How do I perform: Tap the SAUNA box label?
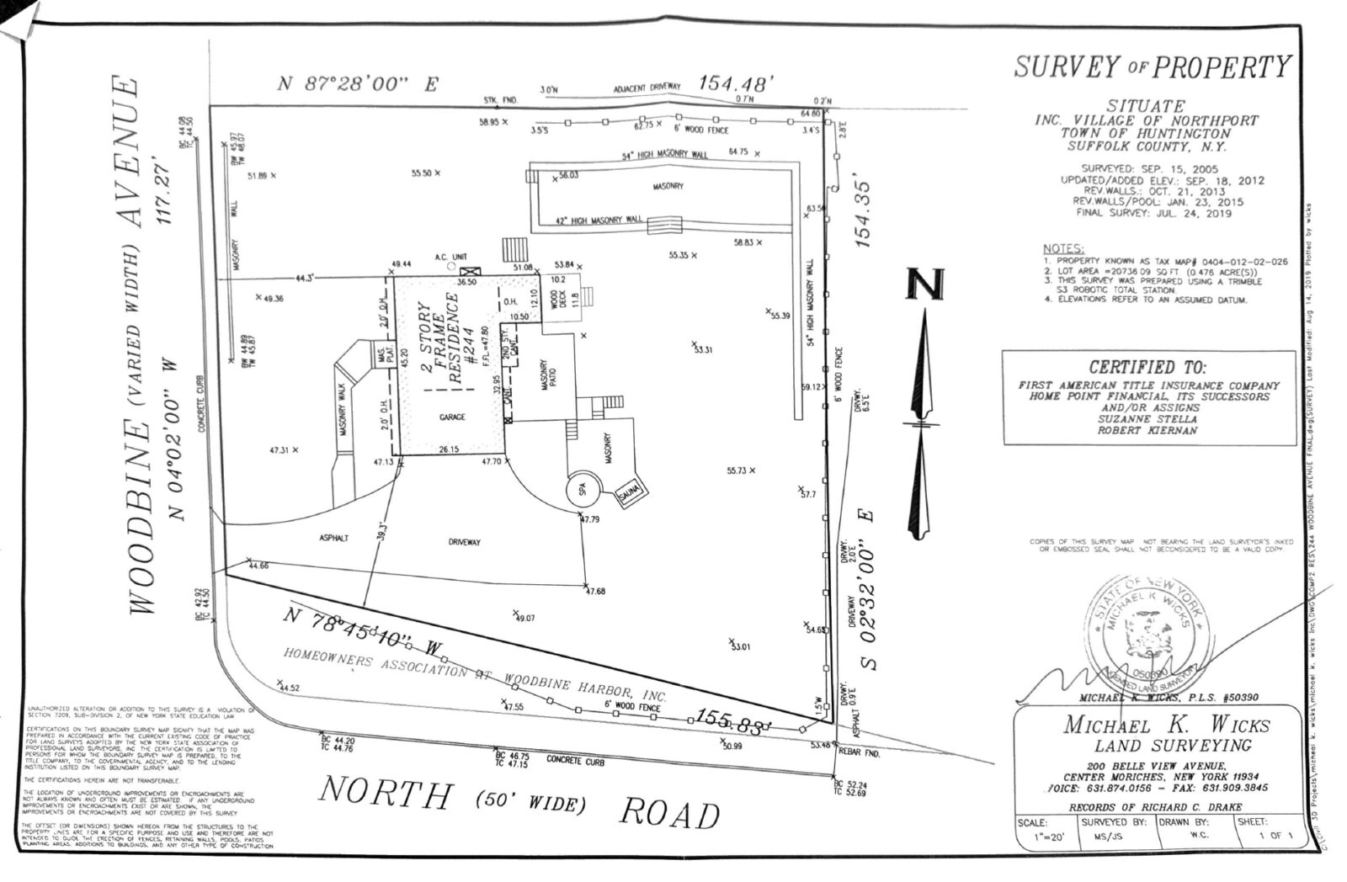pos(629,493)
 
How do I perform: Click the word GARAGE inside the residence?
pos(452,417)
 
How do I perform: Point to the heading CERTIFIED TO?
pos(1147,368)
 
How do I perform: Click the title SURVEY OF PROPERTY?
pos(1151,66)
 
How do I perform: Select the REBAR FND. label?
pos(859,754)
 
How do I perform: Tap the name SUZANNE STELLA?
pos(1147,418)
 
